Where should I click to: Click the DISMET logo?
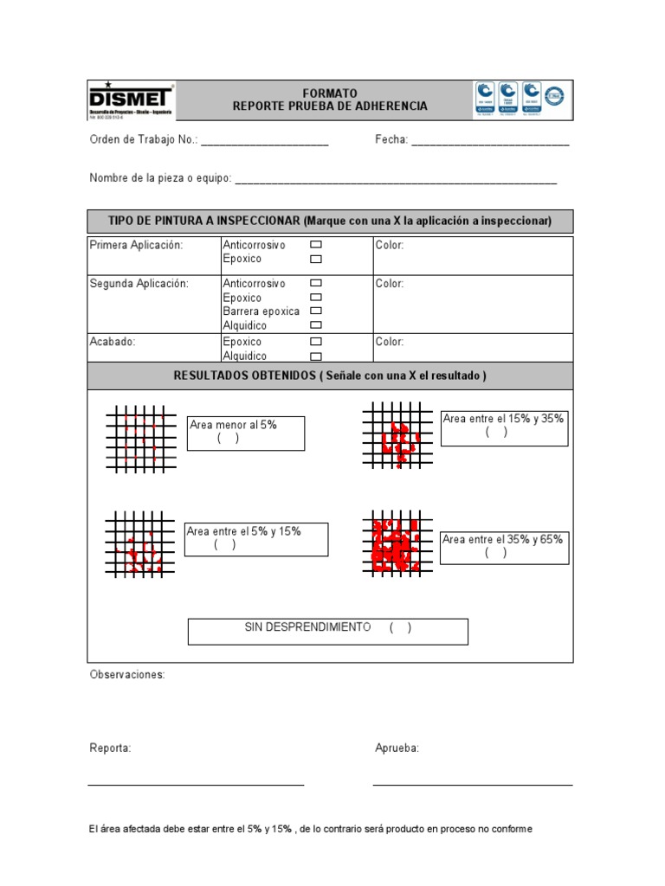132,100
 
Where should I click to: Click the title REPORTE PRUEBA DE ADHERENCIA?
330,106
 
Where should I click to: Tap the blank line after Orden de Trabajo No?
264,141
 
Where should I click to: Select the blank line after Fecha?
489,141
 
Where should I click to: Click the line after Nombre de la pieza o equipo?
395,179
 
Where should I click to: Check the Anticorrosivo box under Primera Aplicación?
316,246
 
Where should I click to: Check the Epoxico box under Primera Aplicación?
316,259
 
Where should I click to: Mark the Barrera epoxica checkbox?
316,311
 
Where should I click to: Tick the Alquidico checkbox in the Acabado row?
316,356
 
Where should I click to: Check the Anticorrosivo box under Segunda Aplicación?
316,284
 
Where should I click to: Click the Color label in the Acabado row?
390,342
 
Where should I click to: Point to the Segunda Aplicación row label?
139,284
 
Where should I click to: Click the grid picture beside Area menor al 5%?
141,437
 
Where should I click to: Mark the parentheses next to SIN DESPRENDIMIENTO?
400,627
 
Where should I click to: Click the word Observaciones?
127,675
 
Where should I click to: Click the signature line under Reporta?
196,784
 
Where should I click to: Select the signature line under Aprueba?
473,784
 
